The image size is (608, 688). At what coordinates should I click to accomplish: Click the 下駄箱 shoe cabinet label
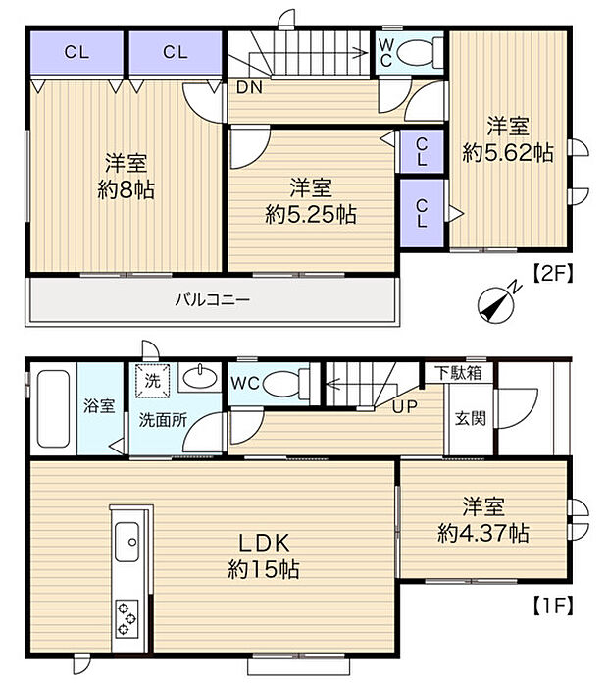tap(459, 373)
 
